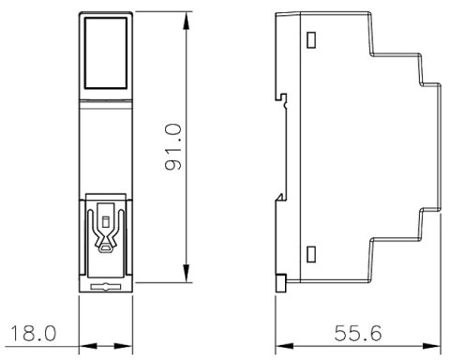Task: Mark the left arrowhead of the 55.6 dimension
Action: tap(280, 343)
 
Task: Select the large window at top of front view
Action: tap(103, 52)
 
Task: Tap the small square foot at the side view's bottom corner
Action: tap(280, 280)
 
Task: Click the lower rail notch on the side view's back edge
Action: tap(280, 195)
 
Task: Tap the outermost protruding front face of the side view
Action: tap(437, 145)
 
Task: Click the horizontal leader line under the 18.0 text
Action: tap(37, 343)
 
